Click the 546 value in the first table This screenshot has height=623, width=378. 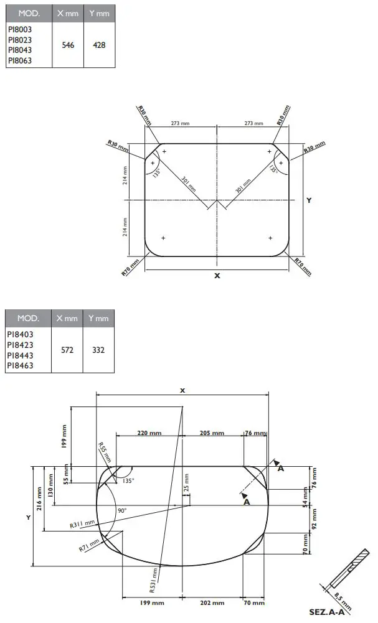click(68, 45)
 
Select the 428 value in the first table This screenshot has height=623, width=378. click(99, 45)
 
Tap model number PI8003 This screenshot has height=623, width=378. click(19, 29)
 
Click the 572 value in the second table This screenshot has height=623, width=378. click(67, 350)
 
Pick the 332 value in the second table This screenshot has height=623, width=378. click(98, 350)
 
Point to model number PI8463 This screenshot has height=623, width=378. click(20, 366)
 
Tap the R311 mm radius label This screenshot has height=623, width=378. click(82, 525)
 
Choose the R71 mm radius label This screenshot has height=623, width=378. click(89, 545)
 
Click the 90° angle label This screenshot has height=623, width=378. click(121, 510)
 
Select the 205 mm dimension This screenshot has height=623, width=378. click(212, 433)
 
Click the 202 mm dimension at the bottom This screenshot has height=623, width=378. click(212, 602)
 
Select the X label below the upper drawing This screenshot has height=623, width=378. click(217, 276)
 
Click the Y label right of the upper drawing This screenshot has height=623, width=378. click(308, 200)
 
